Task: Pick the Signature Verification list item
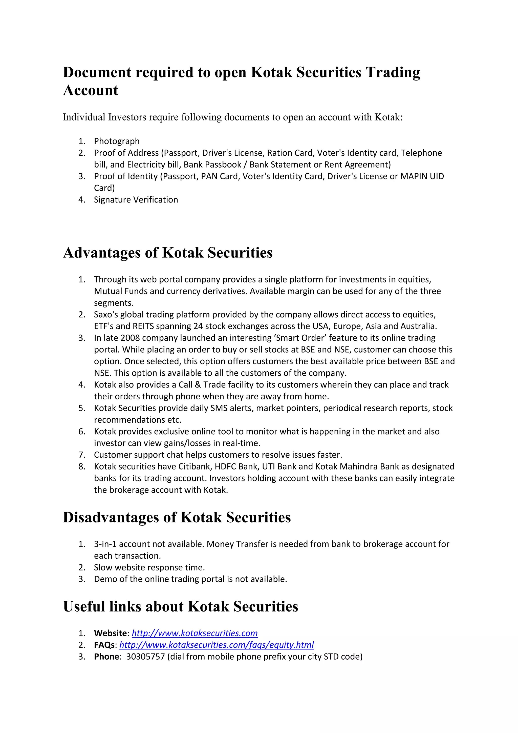136,200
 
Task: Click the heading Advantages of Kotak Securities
167,253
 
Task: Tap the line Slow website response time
149,568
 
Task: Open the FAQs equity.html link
217,645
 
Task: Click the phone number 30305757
145,657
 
